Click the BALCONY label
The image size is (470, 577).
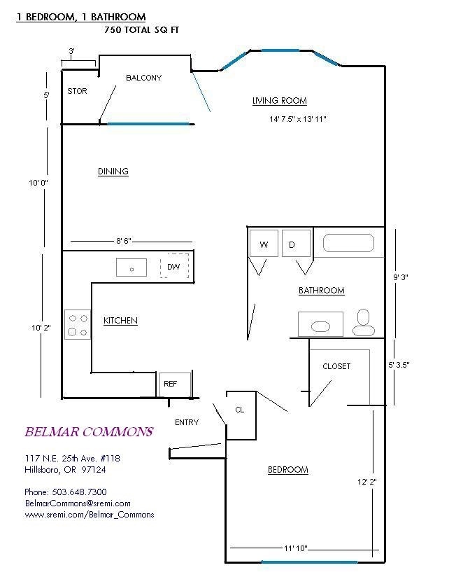tap(143, 78)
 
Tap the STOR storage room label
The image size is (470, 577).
tap(77, 91)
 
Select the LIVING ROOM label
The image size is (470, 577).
tap(279, 101)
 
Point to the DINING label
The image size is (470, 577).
tap(113, 172)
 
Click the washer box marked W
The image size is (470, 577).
tap(264, 244)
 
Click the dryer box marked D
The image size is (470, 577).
tap(296, 244)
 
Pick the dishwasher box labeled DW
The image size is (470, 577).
tap(174, 267)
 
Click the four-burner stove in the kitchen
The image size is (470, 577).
tap(78, 324)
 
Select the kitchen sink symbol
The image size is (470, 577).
tap(131, 267)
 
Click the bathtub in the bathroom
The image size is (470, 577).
tap(348, 244)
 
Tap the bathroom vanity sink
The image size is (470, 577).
tap(320, 326)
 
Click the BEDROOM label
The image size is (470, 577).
tap(287, 470)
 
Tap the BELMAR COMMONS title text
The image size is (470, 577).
tap(88, 432)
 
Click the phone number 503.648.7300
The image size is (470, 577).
tap(66, 492)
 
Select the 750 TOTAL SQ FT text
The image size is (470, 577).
tap(136, 29)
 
